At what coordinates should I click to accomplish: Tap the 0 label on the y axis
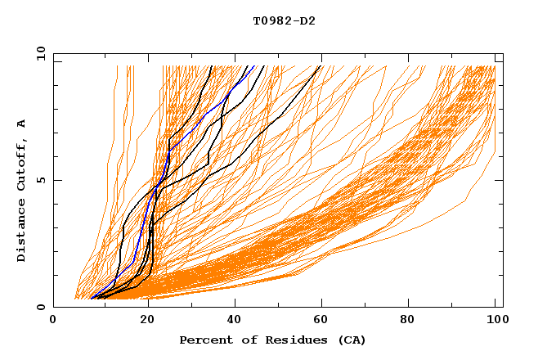pyautogui.click(x=41, y=307)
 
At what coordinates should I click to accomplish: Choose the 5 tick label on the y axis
pyautogui.click(x=41, y=180)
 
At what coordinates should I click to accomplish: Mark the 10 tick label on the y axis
pyautogui.click(x=38, y=53)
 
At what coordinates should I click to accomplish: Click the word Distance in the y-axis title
pyautogui.click(x=22, y=230)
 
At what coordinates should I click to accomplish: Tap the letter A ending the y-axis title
pyautogui.click(x=22, y=123)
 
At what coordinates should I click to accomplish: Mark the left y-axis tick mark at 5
pyautogui.click(x=56, y=180)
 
